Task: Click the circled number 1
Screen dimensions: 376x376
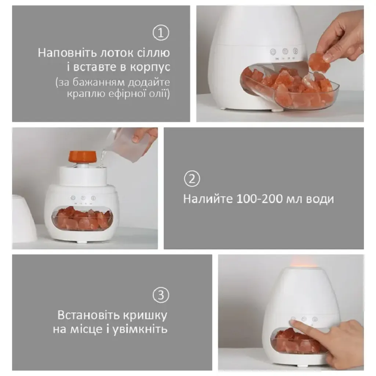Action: [x=161, y=33]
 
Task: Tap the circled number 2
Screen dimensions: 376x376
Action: [x=192, y=179]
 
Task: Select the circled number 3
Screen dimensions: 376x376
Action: [x=161, y=295]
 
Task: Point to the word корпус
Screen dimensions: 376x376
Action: [x=150, y=67]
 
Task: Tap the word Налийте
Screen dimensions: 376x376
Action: [x=208, y=199]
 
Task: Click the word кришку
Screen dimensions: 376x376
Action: [x=145, y=315]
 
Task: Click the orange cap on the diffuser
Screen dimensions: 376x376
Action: [x=82, y=156]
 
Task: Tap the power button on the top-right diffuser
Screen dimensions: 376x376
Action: [x=273, y=51]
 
